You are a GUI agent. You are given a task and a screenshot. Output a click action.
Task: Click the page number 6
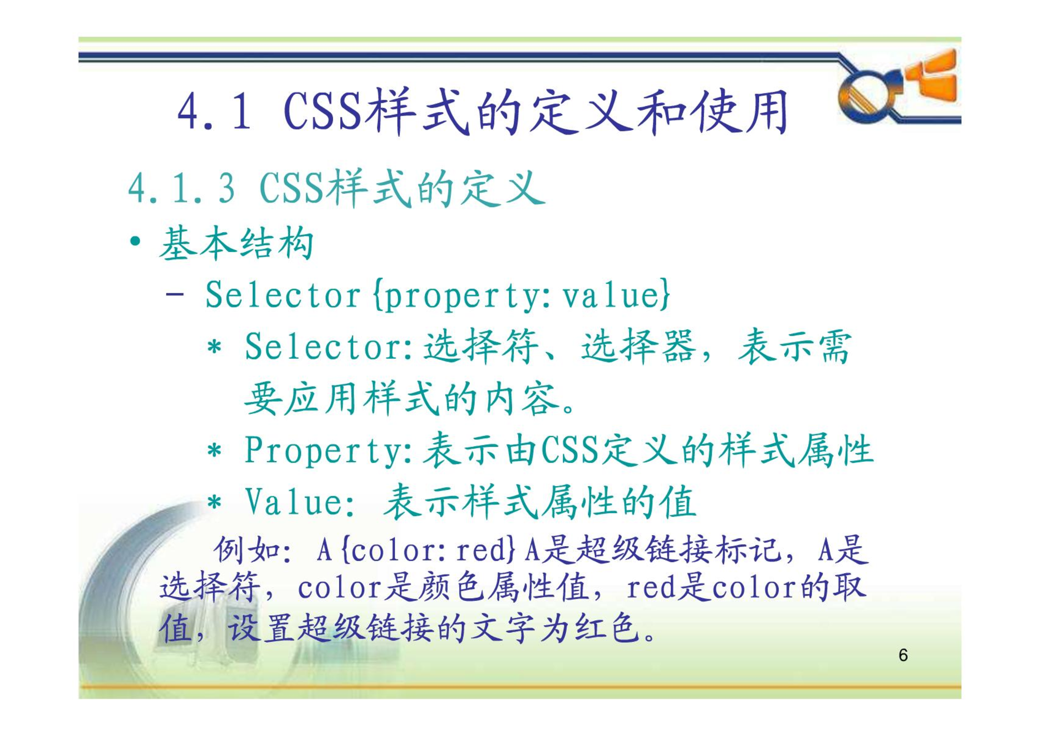click(903, 655)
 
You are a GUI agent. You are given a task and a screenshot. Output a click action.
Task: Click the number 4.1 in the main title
click(214, 111)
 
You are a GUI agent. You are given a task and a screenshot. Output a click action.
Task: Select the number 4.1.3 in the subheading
click(181, 188)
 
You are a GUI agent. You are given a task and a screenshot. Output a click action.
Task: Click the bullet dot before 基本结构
click(135, 241)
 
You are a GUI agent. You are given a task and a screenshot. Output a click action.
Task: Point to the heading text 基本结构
click(236, 243)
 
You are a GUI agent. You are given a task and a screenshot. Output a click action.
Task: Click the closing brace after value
click(664, 295)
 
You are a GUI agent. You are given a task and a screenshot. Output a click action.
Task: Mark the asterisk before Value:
click(214, 501)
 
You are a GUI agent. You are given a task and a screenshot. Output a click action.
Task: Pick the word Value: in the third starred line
click(300, 501)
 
